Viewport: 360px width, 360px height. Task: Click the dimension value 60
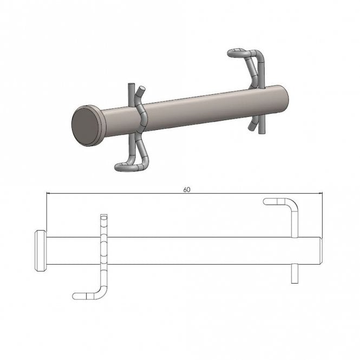point(187,190)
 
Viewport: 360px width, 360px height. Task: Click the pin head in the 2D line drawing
point(41,251)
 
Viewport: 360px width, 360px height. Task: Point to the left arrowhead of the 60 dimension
point(48,193)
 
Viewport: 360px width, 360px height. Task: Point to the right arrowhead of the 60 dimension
point(320,193)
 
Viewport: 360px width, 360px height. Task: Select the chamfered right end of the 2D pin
point(320,251)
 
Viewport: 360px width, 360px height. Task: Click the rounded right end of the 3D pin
point(285,99)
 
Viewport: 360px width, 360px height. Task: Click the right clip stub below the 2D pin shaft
point(295,274)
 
